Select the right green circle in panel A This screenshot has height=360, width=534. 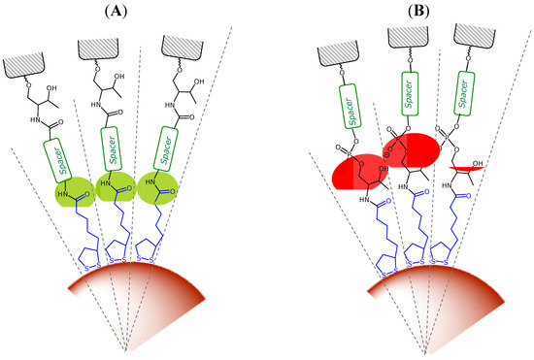[160, 189]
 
